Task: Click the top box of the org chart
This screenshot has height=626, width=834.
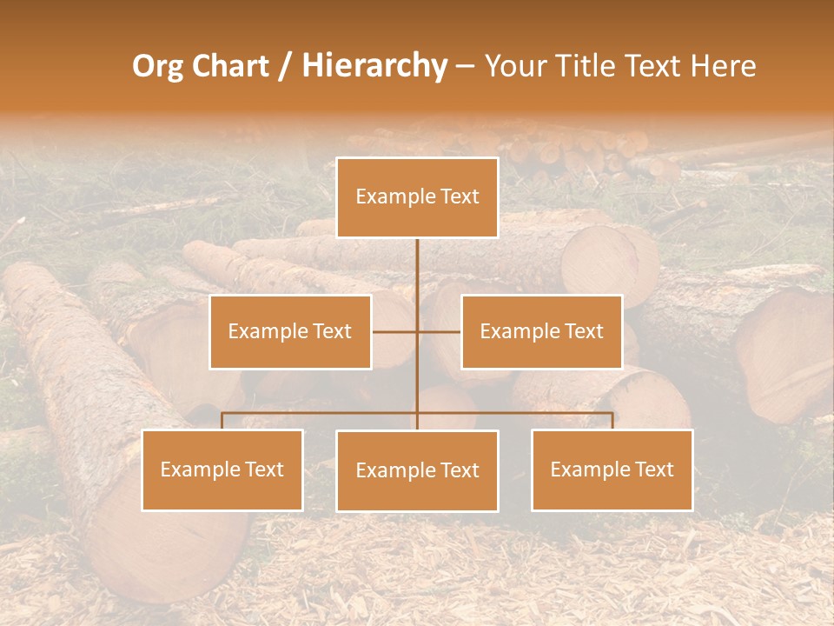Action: pos(417,197)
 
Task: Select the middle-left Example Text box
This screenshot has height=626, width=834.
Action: pos(290,331)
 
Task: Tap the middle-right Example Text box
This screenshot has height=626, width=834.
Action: pos(541,331)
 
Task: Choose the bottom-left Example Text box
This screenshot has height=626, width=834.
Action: pos(222,469)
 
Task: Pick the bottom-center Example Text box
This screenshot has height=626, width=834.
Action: pos(417,470)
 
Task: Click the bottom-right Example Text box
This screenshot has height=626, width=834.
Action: pos(612,469)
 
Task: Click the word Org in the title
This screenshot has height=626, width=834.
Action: pos(156,66)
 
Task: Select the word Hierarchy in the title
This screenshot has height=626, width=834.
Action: pos(374,66)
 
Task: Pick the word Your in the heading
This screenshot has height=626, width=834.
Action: pos(512,66)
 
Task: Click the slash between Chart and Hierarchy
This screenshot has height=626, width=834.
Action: pos(285,66)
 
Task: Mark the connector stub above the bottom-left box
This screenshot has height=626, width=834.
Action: pos(222,421)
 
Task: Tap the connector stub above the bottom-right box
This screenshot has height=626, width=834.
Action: pos(612,421)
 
